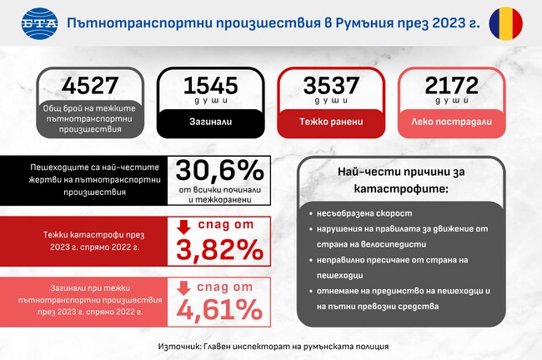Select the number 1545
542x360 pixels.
[210, 86]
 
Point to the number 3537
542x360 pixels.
[331, 86]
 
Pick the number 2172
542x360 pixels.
[450, 86]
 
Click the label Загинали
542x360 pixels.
[210, 122]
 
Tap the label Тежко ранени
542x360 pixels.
[331, 122]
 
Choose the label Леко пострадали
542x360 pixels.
[450, 122]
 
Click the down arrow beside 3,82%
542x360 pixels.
[184, 227]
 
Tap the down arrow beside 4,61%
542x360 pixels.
[184, 288]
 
